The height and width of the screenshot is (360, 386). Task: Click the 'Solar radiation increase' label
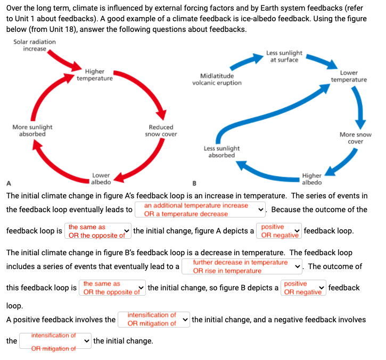pyautogui.click(x=34, y=45)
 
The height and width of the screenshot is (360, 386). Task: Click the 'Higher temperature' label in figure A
pyautogui.click(x=94, y=75)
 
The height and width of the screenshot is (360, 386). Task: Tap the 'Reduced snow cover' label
pyautogui.click(x=161, y=131)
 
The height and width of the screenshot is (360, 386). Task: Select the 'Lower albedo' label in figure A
pyautogui.click(x=101, y=179)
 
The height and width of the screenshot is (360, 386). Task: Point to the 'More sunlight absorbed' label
pyautogui.click(x=32, y=131)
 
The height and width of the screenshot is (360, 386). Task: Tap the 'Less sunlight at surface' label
pyautogui.click(x=284, y=56)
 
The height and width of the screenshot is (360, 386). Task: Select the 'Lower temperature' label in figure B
pyautogui.click(x=349, y=76)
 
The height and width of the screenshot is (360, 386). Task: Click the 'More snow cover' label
pyautogui.click(x=355, y=138)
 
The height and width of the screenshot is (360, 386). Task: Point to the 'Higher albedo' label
pyautogui.click(x=311, y=179)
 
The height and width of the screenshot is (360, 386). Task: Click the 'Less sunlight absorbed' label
pyautogui.click(x=221, y=152)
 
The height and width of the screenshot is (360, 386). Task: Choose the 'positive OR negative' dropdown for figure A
pyautogui.click(x=279, y=231)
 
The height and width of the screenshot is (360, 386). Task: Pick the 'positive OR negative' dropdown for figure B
pyautogui.click(x=302, y=288)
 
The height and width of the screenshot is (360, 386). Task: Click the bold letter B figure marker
pyautogui.click(x=194, y=184)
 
